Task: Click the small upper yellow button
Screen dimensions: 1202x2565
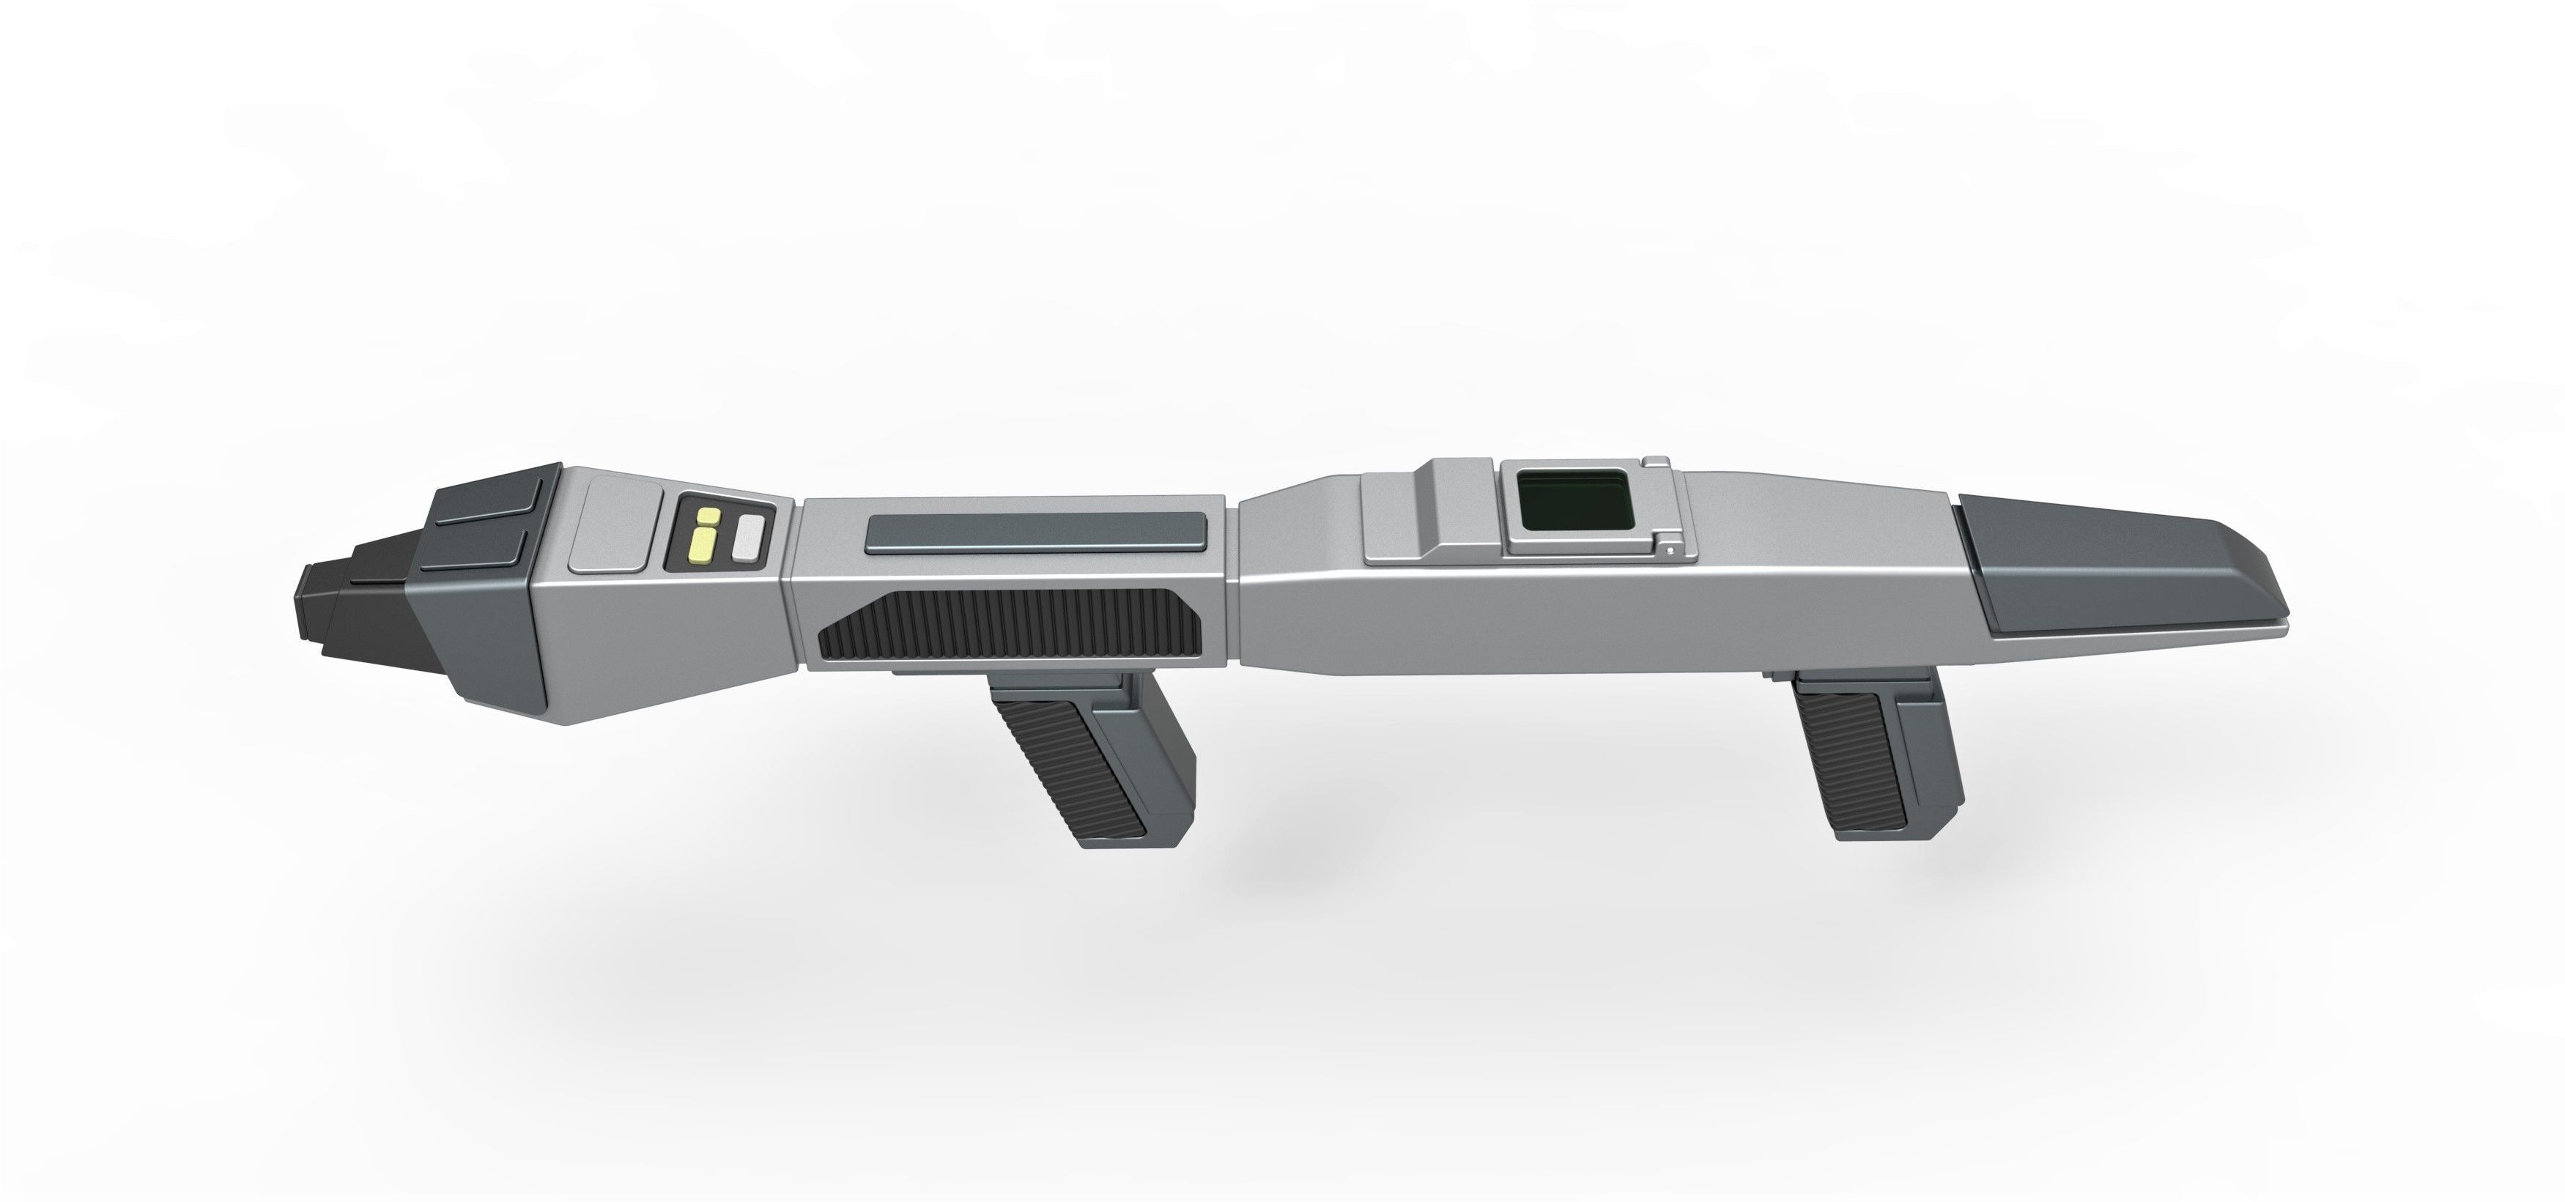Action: pos(708,517)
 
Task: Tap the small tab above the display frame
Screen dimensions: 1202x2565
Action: pos(1655,462)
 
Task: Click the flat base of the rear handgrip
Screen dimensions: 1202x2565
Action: pos(1887,830)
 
